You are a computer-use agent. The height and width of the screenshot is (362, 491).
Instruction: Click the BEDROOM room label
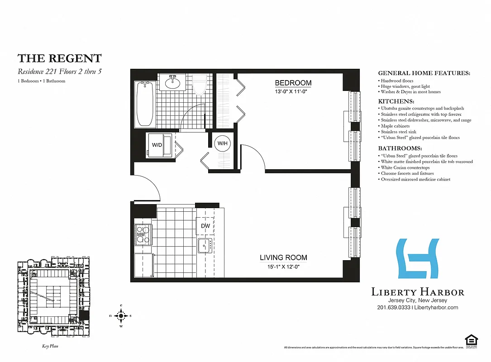pos(293,83)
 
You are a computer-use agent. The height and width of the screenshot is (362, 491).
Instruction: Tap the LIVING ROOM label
pos(283,257)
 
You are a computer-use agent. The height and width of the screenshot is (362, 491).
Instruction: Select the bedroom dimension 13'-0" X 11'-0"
pos(293,92)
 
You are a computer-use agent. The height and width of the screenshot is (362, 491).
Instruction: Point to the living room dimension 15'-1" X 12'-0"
pos(283,267)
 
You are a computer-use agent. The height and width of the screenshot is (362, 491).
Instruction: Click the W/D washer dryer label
pos(157,146)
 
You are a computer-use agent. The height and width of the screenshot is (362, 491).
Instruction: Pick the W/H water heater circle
pos(222,144)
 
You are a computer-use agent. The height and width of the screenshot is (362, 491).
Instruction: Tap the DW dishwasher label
pos(205,226)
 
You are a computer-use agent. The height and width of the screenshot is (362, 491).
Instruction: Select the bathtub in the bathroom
pos(145,104)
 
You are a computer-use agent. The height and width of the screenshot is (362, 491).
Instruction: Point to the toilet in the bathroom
pos(199,85)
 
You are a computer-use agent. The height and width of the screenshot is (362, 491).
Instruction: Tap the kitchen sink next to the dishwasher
pos(205,245)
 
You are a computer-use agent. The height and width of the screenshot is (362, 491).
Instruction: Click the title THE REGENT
pos(59,58)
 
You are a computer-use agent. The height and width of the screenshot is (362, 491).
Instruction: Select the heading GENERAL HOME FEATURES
pos(424,73)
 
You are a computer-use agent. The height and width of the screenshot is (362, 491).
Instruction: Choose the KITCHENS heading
pos(396,101)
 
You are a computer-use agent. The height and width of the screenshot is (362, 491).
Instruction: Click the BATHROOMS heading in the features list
pos(400,148)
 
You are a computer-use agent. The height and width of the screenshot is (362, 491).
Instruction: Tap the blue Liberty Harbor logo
pos(418,258)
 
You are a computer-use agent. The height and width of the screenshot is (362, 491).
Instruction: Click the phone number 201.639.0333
pos(393,308)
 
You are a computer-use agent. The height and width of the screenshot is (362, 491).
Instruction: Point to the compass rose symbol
pos(121,315)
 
